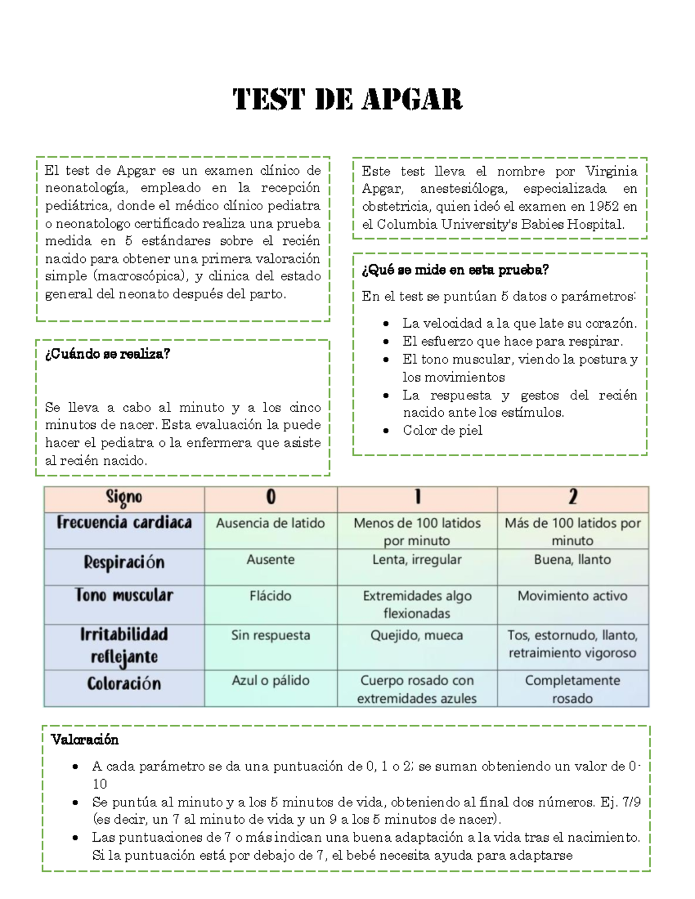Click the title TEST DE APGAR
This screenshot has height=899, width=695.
[x=348, y=100]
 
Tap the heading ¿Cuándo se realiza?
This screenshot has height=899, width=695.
[x=108, y=354]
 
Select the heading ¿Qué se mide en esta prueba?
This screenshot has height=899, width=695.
[x=455, y=270]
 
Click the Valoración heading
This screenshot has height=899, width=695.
[x=85, y=739]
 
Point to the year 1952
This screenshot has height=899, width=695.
[x=603, y=207]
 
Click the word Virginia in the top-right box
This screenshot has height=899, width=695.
[x=611, y=171]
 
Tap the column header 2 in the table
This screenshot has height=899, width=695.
[x=573, y=497]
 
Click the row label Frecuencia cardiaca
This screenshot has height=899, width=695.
[x=124, y=523]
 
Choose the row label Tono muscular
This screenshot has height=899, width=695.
[x=124, y=596]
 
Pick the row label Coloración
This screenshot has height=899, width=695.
[x=124, y=684]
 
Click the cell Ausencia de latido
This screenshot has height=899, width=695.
[x=270, y=523]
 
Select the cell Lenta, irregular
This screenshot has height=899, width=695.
[x=417, y=560]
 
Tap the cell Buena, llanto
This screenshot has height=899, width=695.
[x=572, y=560]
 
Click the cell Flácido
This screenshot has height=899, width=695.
[x=270, y=596]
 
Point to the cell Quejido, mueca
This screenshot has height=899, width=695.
[x=417, y=636]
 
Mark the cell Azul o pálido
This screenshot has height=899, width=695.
[x=270, y=681]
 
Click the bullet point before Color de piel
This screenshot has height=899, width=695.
[x=386, y=431]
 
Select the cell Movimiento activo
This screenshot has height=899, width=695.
[x=572, y=596]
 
